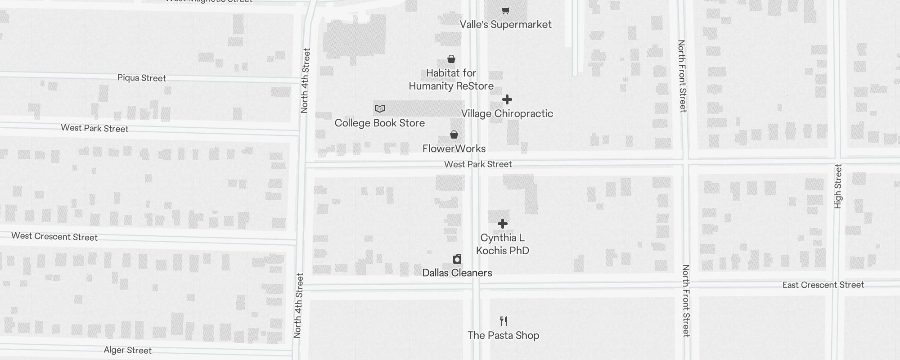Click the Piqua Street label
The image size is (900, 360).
[x=141, y=78]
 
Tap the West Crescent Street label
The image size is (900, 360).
[x=54, y=237]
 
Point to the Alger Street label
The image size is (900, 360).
[x=127, y=350]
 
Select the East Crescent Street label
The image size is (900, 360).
[x=823, y=285]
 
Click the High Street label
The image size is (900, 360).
[x=837, y=186]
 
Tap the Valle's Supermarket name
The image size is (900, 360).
[x=505, y=24]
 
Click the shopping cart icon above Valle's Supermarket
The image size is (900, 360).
[x=506, y=10]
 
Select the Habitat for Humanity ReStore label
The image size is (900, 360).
[x=451, y=80]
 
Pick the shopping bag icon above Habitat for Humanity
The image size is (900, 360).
[x=451, y=59]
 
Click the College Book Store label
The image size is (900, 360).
[x=379, y=123]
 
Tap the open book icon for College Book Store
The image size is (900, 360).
[x=380, y=108]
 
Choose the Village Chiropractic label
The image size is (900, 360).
[x=507, y=113]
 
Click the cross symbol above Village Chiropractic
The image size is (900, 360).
[x=507, y=99]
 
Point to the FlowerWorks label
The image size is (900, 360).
[x=454, y=148]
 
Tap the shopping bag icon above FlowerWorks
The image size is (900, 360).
[x=454, y=135]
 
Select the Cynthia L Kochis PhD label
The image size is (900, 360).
[x=503, y=244]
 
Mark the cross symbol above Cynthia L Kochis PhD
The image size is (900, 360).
[x=503, y=224]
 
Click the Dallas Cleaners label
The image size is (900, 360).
[x=457, y=273]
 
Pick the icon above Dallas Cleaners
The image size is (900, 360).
[x=457, y=259]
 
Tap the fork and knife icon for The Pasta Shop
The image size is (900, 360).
[x=504, y=321]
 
